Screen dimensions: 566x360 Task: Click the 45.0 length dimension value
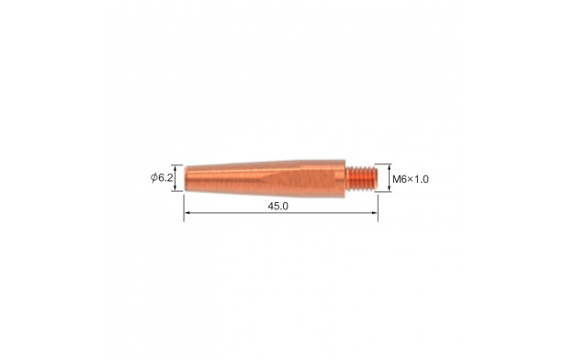pos(277,207)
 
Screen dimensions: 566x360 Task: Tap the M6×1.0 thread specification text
pos(411,179)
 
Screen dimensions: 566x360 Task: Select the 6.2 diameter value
pos(165,177)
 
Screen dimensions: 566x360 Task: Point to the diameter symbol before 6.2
pos(154,177)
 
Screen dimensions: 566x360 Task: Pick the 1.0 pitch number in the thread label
pos(421,179)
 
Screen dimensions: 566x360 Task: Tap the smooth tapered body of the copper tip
pos(265,178)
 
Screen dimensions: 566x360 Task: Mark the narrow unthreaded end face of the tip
pos(186,178)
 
